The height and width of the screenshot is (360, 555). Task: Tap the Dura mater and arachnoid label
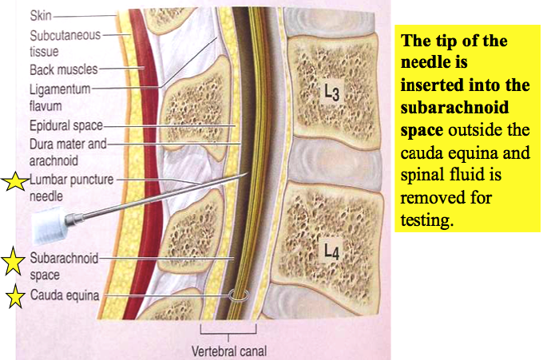[63, 152]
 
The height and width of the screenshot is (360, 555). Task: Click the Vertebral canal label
[228, 350]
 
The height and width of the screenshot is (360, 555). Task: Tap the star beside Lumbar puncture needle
[14, 183]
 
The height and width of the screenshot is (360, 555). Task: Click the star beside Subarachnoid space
[14, 260]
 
